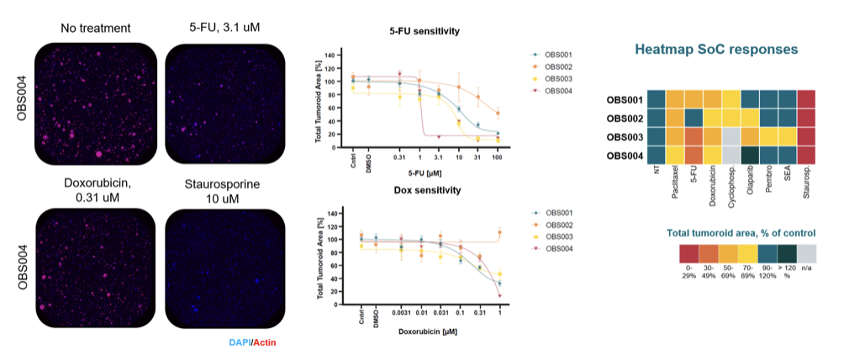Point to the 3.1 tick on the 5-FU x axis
pyautogui.click(x=438, y=156)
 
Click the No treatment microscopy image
pyautogui.click(x=94, y=104)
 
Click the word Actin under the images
pyautogui.click(x=265, y=342)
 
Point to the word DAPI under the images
pyautogui.click(x=240, y=342)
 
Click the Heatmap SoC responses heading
pyautogui.click(x=716, y=49)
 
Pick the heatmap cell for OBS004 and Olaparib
pyautogui.click(x=750, y=155)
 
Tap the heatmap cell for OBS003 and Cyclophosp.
pyautogui.click(x=731, y=136)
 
